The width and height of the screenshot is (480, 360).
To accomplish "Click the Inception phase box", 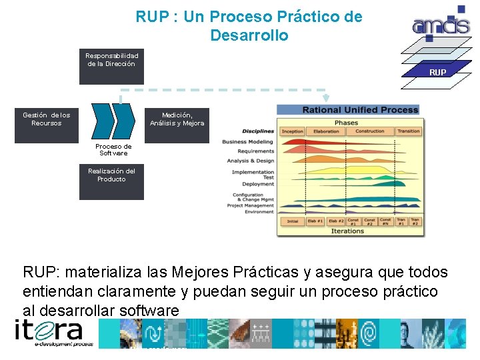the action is [x=293, y=131].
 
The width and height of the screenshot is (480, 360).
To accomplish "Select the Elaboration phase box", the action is [x=326, y=131].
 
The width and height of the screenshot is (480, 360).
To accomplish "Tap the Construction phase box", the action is [x=370, y=131].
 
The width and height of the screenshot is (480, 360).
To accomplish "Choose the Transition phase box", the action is [x=408, y=131].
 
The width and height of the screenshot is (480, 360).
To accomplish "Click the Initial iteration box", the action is [x=293, y=221].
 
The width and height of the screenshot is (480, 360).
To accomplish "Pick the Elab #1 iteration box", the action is [x=315, y=221].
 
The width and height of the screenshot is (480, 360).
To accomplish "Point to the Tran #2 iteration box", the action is [x=415, y=221].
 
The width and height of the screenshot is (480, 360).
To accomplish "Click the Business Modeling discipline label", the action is [x=248, y=142].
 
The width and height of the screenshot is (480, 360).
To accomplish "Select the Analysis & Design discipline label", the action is [x=251, y=161].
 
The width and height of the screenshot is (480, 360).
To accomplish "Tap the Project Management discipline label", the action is [x=251, y=205].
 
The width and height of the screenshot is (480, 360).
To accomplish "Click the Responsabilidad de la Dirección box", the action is [x=111, y=67].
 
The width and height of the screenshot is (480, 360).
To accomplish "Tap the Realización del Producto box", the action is [x=111, y=182].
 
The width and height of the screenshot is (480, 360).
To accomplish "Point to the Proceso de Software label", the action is [x=113, y=149].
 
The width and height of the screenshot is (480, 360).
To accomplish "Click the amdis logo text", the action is [x=441, y=26].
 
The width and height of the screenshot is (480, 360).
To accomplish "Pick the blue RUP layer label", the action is [x=438, y=71].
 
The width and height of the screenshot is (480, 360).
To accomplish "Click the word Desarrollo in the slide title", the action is [x=249, y=35].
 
